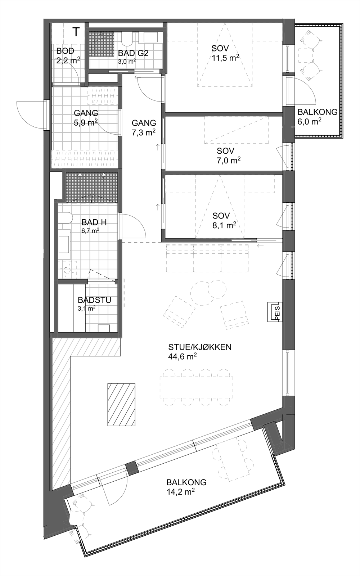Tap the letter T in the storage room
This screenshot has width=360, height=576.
76,32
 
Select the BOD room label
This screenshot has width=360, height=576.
65,51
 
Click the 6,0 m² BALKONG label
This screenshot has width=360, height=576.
310,122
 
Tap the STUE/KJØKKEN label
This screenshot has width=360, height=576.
200,347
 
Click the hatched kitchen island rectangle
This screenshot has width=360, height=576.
121,404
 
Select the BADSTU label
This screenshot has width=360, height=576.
94,300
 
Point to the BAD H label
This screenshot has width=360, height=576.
94,222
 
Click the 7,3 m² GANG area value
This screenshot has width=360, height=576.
144,132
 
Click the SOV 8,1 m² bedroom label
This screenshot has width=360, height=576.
221,216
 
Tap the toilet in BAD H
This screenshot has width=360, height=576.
65,218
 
